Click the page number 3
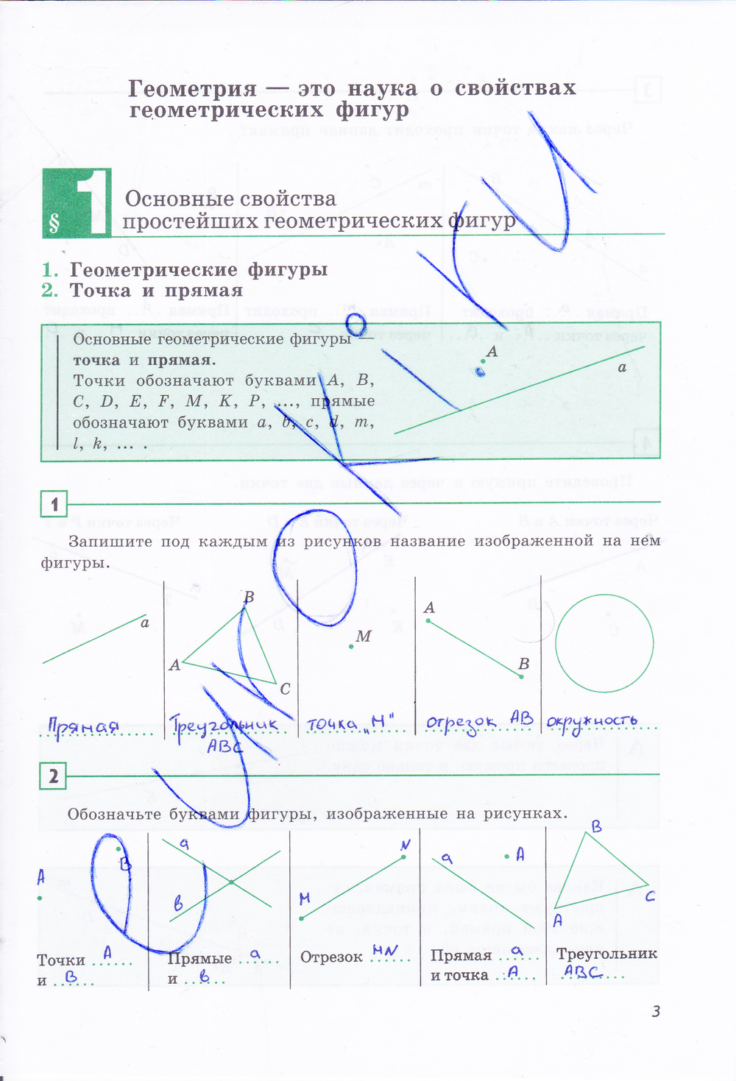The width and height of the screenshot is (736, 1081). point(656,1011)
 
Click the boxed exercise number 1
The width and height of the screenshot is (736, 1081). point(54,505)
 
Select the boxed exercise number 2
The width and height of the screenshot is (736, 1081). point(53,776)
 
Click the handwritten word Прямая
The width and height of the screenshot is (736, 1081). point(83,726)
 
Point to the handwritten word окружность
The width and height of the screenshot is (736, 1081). point(592,721)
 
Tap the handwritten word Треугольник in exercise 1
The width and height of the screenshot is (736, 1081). point(224,726)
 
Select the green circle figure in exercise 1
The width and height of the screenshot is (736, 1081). point(604,643)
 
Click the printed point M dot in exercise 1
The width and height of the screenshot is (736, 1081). point(351,646)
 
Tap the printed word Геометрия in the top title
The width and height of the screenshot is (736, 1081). point(193,89)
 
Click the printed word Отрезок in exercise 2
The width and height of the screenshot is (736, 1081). point(331,957)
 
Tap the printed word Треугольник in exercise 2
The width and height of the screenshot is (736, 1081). point(606,954)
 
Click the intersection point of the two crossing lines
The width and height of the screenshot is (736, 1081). point(231,881)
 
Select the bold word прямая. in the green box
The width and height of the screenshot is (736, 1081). point(182,361)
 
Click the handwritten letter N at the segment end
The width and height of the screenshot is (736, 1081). point(405,846)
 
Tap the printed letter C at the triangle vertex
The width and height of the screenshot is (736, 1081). point(285,689)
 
